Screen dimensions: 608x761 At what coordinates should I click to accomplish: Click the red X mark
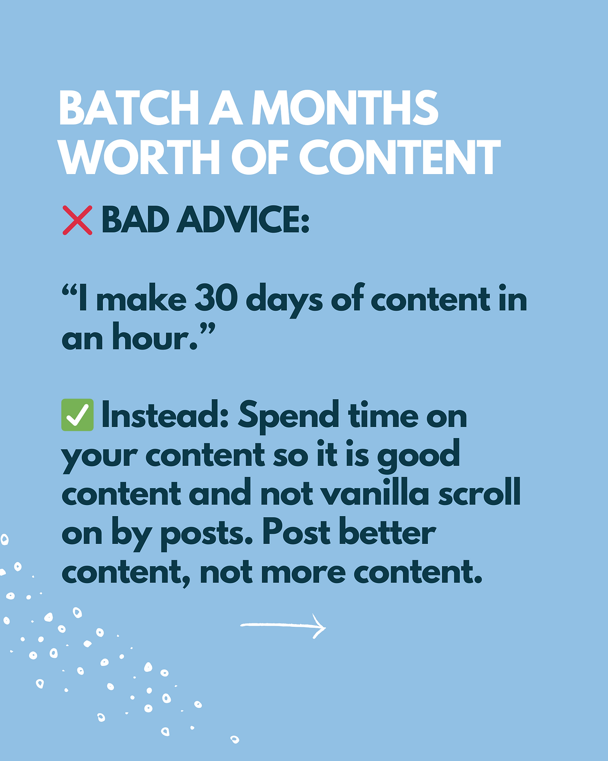coord(77,220)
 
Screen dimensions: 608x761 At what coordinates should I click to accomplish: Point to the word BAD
coord(135,219)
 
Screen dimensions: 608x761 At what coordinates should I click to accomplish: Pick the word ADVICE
coord(243,219)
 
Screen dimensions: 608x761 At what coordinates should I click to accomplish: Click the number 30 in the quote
coord(216,298)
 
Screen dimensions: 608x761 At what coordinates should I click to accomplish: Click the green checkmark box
coord(77,415)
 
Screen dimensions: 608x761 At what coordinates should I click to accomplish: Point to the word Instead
coord(165,415)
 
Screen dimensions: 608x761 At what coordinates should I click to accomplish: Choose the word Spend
coord(289,417)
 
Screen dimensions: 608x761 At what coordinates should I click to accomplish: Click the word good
coord(418,456)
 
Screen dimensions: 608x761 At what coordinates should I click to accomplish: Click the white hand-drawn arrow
coord(283,625)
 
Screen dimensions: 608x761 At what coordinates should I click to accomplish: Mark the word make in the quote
coord(141,297)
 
